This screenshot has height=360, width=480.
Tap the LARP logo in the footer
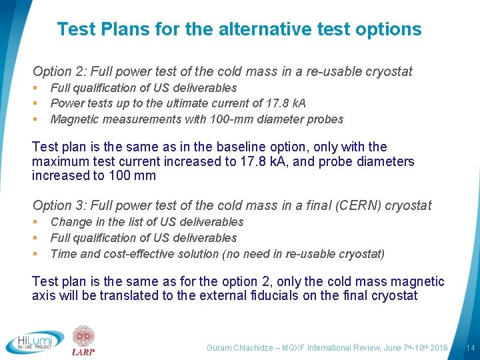[83, 341]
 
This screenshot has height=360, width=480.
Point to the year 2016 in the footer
[439, 348]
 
